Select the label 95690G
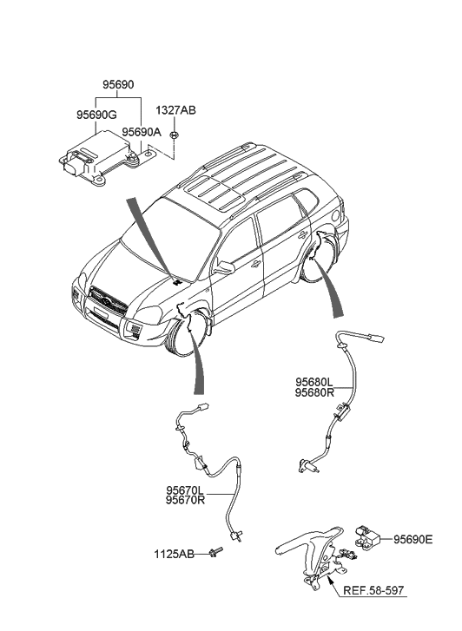click(x=96, y=114)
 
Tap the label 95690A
click(x=142, y=132)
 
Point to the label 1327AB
click(x=175, y=110)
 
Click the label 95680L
click(x=313, y=381)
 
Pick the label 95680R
click(x=313, y=392)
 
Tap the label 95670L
click(x=185, y=490)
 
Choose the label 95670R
click(x=185, y=502)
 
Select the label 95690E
click(x=412, y=539)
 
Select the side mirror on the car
click(x=224, y=267)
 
